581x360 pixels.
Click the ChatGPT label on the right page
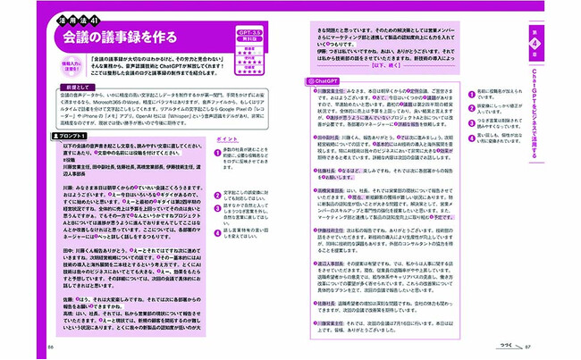[x=319, y=80]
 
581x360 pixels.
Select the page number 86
[x=52, y=347]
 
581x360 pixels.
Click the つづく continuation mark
[x=508, y=347]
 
